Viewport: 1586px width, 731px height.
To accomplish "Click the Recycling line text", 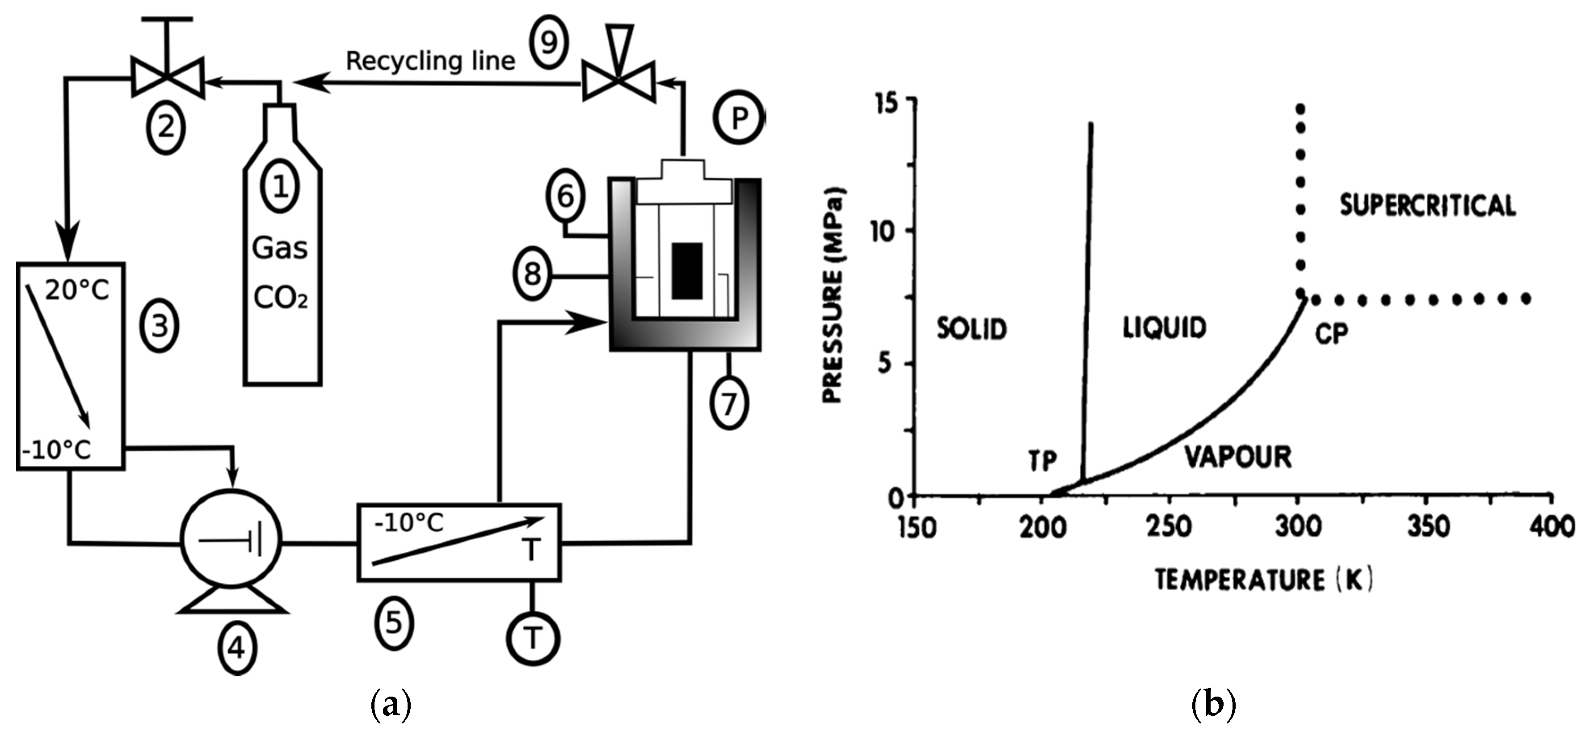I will (x=430, y=61).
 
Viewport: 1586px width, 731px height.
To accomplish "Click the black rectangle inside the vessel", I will (x=686, y=270).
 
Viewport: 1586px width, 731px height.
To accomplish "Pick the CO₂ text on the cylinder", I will (x=280, y=298).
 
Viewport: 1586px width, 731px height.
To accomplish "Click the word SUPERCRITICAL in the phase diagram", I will (x=1427, y=205).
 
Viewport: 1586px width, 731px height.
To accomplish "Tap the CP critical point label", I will (x=1331, y=334).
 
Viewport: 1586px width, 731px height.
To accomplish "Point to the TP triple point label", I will (x=1042, y=461).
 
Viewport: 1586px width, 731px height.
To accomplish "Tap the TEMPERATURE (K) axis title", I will (x=1263, y=580).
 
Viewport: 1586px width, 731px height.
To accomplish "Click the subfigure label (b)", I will (x=1213, y=704).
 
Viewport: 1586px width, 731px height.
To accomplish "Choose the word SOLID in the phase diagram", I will (x=971, y=329).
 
